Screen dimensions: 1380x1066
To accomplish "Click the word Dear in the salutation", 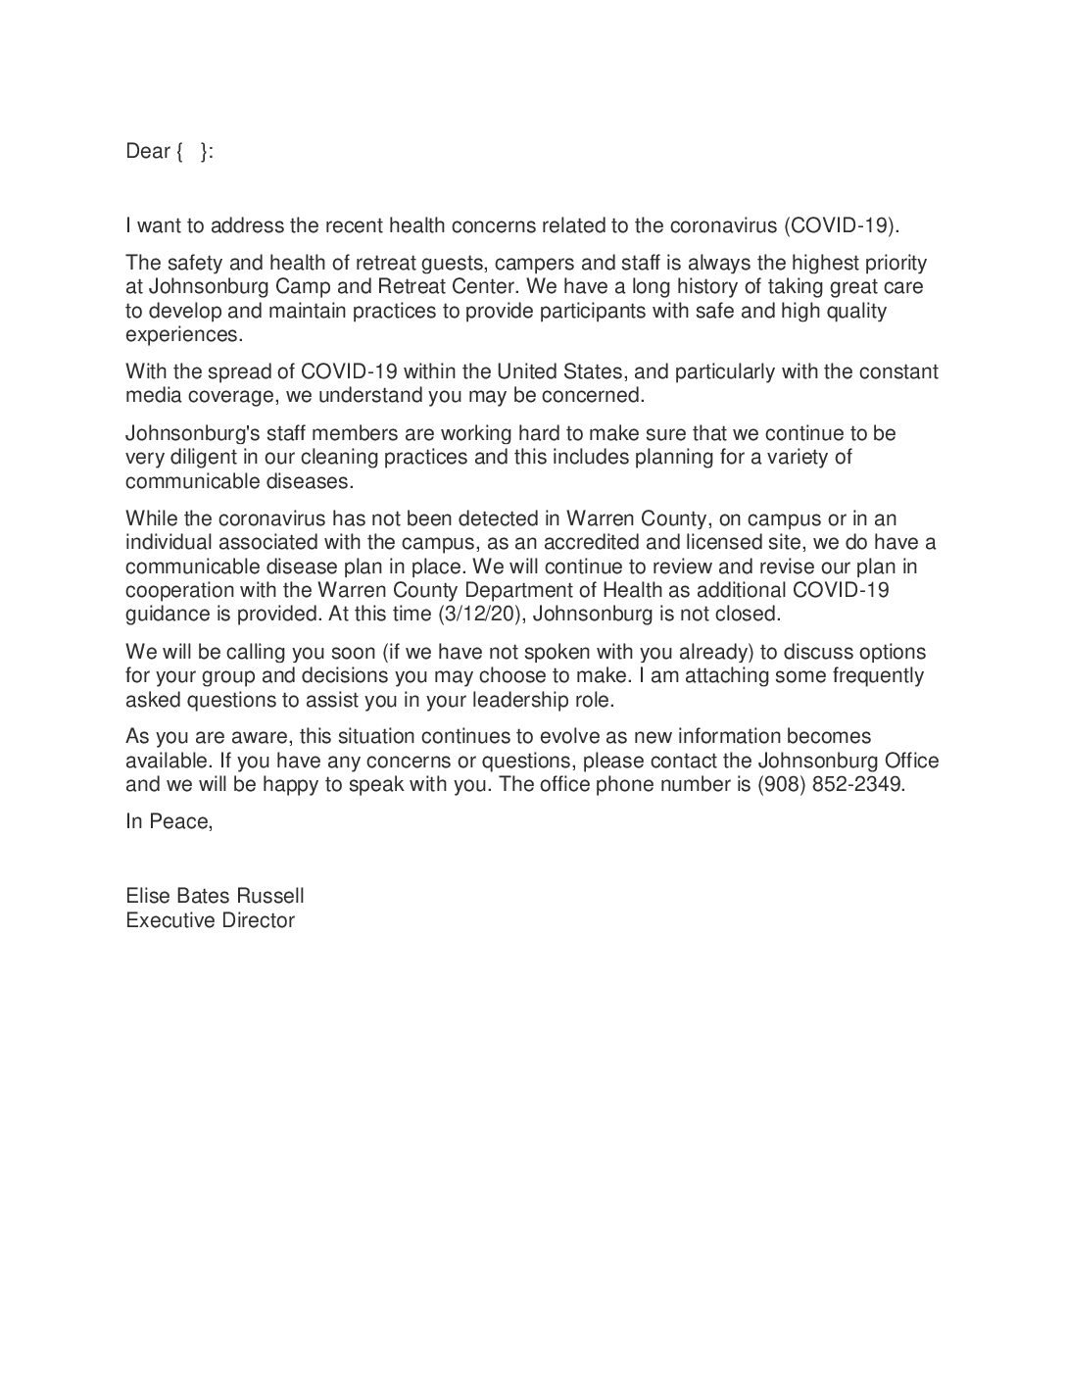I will (147, 151).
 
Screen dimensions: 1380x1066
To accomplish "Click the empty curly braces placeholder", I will (193, 151).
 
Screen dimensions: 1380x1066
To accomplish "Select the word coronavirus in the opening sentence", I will (722, 225).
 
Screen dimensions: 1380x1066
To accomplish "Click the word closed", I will (748, 615).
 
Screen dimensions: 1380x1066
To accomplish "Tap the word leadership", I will (520, 700).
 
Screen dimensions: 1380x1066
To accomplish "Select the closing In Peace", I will (169, 821).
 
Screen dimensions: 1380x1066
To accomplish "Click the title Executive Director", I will (210, 919).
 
